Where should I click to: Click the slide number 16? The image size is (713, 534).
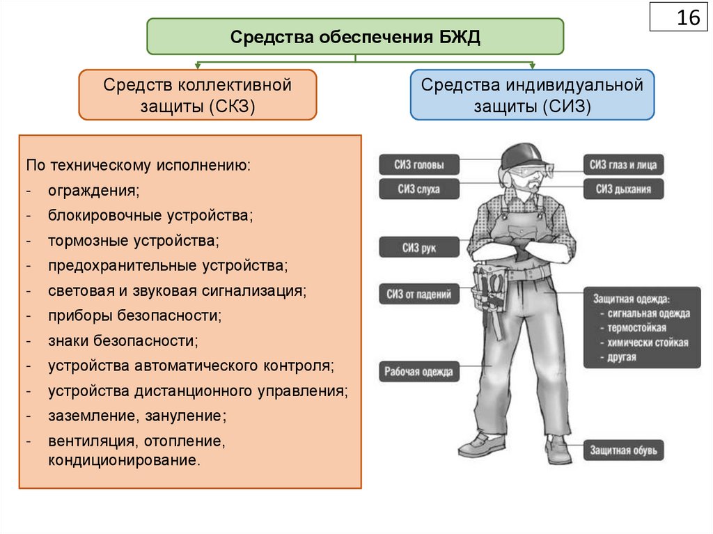688,17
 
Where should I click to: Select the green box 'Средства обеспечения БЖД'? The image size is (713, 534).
355,36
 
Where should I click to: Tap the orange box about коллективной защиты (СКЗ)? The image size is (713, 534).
198,95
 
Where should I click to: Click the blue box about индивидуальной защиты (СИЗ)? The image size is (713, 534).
532,95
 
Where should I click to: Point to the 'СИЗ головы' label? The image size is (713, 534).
419,165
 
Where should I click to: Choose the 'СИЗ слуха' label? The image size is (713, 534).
419,189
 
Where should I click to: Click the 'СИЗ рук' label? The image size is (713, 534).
419,247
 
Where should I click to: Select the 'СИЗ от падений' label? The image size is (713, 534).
419,294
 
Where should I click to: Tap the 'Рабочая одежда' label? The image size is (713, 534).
419,372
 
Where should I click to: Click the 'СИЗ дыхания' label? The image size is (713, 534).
623,189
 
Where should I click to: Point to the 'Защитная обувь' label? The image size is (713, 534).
623,450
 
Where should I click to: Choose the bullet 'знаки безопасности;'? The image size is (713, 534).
123,340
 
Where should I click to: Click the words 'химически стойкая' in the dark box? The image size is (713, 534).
647,342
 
